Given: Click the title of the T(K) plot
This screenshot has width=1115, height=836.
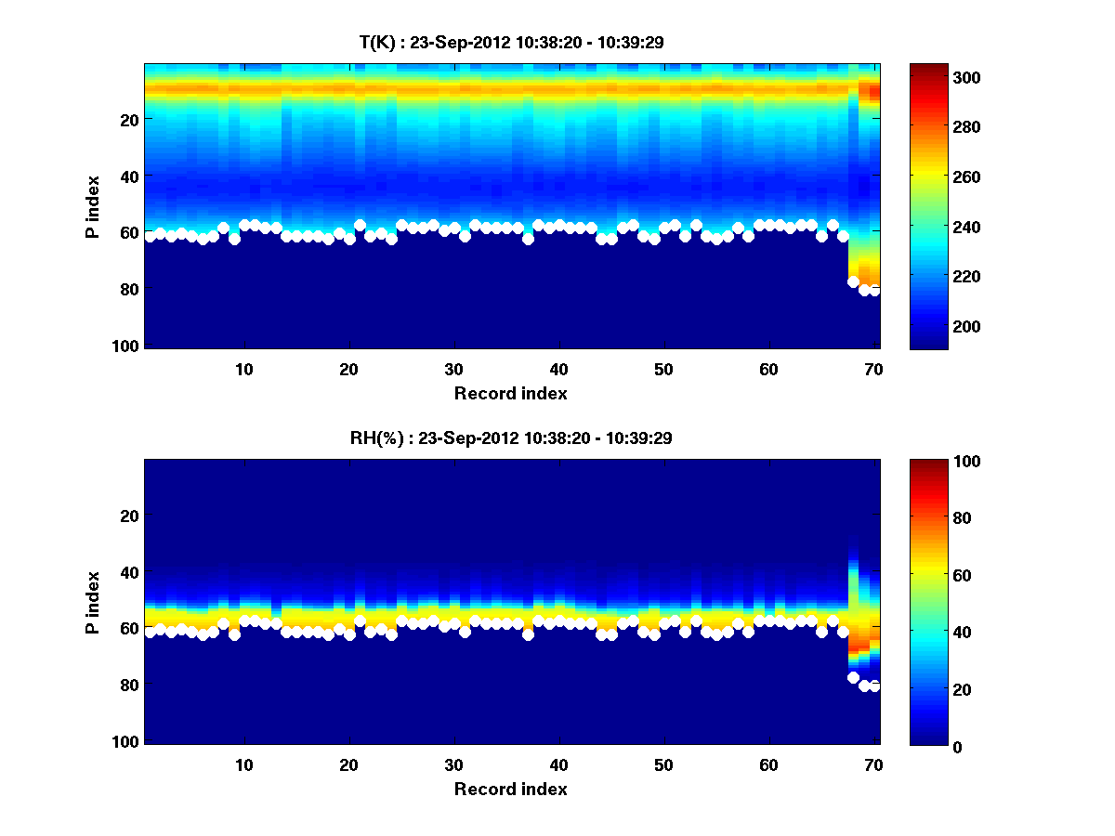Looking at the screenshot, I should (511, 42).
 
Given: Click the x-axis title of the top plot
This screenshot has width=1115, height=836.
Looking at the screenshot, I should (510, 393).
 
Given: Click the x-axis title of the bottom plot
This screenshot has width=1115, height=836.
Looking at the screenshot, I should (510, 789).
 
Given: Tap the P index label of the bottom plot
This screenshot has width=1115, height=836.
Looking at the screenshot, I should (93, 602).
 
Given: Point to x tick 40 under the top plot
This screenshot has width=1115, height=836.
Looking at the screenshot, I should (558, 369).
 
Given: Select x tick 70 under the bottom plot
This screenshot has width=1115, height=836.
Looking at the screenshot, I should (873, 764).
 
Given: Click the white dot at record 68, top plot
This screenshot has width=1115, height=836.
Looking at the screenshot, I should (853, 281).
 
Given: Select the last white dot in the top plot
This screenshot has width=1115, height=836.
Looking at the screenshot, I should (874, 291).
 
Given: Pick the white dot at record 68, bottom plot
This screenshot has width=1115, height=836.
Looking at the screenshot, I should (853, 677).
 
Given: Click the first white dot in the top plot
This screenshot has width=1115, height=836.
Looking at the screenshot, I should (150, 237).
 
